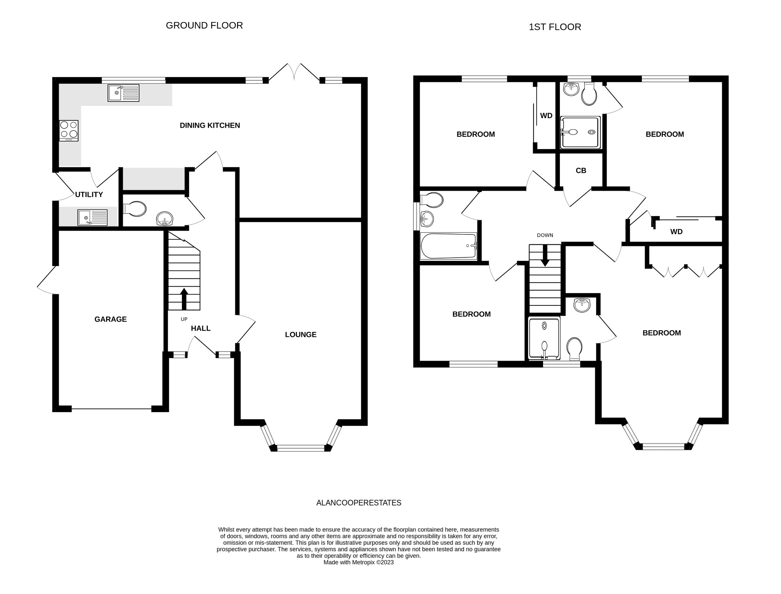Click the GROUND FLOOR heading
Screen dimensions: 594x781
[204, 26]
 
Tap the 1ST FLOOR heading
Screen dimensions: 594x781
[555, 27]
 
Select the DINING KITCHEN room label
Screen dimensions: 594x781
[210, 125]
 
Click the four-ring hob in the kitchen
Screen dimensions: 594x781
[69, 130]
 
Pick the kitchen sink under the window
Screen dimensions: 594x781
[124, 93]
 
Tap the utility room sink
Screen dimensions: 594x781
[93, 218]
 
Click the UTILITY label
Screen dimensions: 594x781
[89, 195]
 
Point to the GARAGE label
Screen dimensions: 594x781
[111, 319]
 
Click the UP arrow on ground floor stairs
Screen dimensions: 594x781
[184, 299]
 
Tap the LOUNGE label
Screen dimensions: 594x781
[301, 335]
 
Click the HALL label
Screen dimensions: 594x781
[201, 329]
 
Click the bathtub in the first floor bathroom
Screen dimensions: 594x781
[448, 246]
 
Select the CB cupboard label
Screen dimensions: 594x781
[581, 171]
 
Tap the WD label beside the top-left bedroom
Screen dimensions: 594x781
[546, 116]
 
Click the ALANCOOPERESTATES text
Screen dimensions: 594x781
[358, 503]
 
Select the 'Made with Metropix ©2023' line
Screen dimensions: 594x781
[358, 562]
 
